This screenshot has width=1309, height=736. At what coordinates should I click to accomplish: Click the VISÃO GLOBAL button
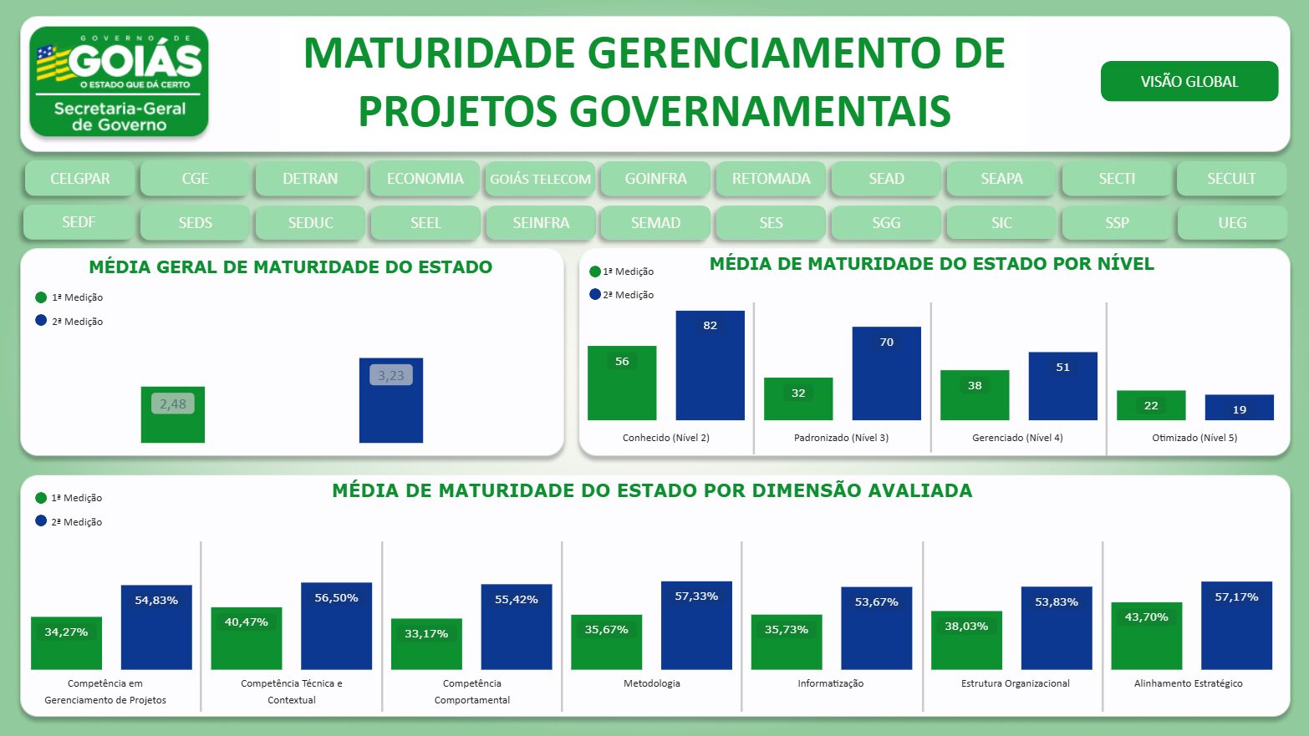coord(1189,81)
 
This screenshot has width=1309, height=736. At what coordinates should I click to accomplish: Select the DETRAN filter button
coord(310,179)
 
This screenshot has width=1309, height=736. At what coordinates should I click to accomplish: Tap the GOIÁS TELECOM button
coord(540,179)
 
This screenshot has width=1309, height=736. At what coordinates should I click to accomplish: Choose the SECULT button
coord(1230,179)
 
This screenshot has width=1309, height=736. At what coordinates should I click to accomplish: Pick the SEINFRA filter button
coord(541,223)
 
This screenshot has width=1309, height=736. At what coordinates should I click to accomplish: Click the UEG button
coord(1231,223)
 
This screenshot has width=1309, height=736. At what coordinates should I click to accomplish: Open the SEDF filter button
coord(79,222)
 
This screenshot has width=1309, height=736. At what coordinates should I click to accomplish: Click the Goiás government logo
coord(119,82)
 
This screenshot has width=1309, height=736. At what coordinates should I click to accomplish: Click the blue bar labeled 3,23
coord(390,401)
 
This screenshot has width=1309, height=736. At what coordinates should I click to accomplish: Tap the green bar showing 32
coord(798,399)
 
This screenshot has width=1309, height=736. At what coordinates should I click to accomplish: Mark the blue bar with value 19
coord(1239,408)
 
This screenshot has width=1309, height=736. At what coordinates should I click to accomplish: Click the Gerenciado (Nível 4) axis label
coord(1017,438)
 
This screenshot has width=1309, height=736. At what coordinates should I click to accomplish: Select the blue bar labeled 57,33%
coord(696,626)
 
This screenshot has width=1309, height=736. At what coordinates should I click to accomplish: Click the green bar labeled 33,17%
coord(426,644)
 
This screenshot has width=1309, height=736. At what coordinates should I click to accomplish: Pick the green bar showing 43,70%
coord(1146,636)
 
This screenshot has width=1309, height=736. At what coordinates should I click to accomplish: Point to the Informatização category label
coord(830,683)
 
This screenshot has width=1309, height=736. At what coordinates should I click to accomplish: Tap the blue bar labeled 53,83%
coord(1057,628)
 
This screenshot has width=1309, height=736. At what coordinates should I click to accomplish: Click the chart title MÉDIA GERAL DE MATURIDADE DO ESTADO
coord(291,267)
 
